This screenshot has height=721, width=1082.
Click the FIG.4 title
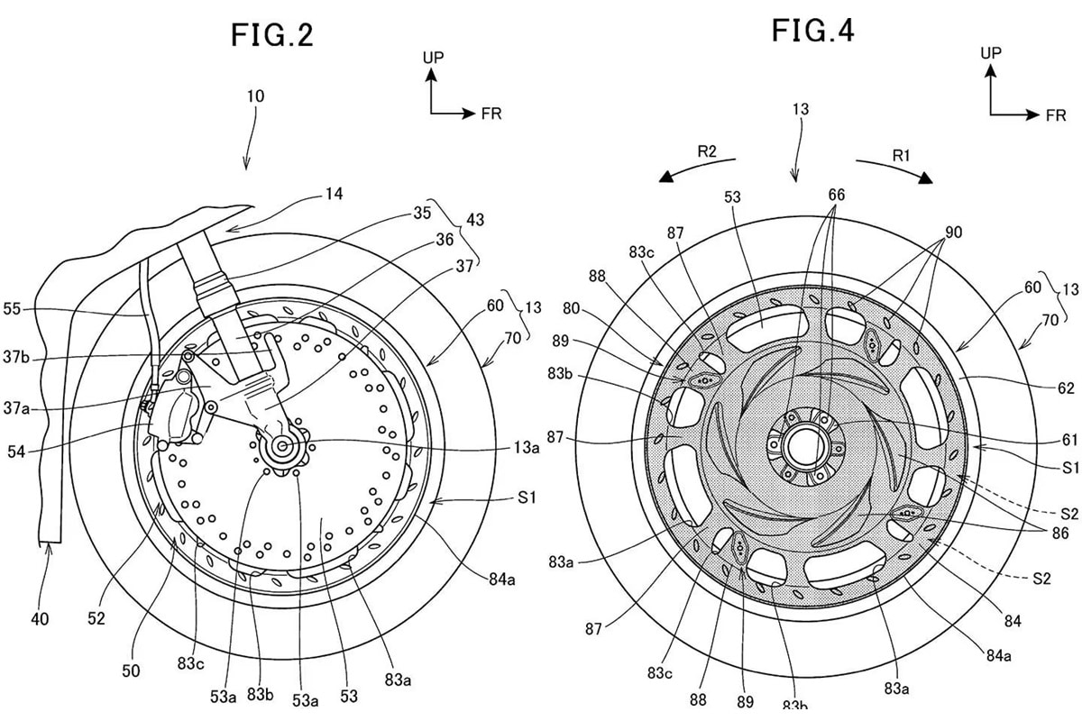[x=812, y=31]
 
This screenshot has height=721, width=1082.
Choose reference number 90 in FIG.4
[x=953, y=233]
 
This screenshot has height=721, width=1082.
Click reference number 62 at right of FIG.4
[x=1066, y=388]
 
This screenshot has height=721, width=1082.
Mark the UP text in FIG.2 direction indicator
[x=434, y=58]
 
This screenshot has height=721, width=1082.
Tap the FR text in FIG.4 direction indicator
[x=1055, y=116]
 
